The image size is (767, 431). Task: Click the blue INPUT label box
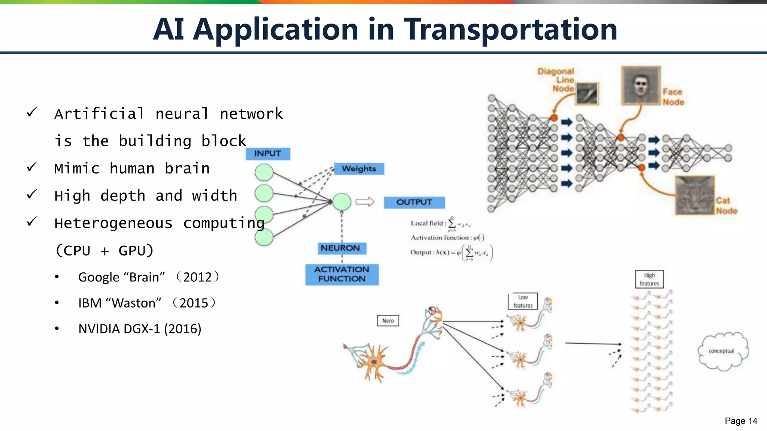click(x=268, y=154)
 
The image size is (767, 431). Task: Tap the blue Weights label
click(x=359, y=169)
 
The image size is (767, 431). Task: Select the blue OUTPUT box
click(x=414, y=202)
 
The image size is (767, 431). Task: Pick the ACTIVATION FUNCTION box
click(x=342, y=274)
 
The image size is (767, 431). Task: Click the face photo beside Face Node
click(x=641, y=86)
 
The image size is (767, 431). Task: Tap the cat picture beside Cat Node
click(x=695, y=195)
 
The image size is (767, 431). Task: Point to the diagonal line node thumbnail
click(x=587, y=94)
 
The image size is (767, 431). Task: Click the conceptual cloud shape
click(x=722, y=351)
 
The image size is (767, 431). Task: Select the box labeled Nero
click(x=388, y=321)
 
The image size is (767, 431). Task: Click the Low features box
click(x=523, y=301)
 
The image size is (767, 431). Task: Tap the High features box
click(x=649, y=279)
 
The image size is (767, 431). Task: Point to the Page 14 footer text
click(x=741, y=421)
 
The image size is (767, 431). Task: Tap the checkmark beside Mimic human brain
click(x=32, y=167)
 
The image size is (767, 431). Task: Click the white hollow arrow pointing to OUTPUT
click(x=365, y=202)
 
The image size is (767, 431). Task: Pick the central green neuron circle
click(x=342, y=202)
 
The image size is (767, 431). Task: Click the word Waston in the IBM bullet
click(x=134, y=303)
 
